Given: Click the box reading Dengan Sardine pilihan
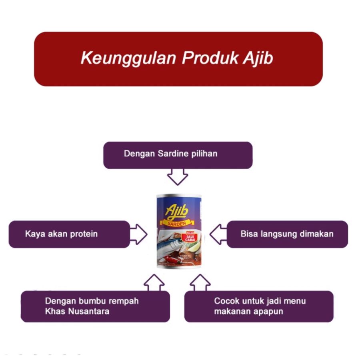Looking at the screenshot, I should click(x=178, y=155).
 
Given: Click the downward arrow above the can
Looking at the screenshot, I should click(x=177, y=176).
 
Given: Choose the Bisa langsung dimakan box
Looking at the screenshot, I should click(x=287, y=234).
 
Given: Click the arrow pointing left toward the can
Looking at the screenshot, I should click(x=218, y=234).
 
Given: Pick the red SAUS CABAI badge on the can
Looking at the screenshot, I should click(x=190, y=237).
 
